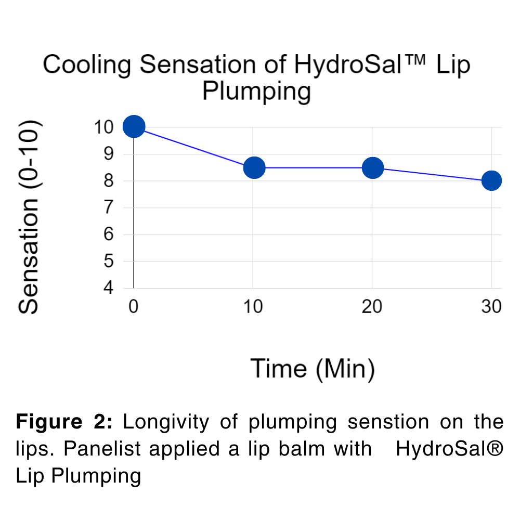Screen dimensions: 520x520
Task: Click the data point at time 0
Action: (134, 126)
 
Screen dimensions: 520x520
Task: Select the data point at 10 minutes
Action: (254, 167)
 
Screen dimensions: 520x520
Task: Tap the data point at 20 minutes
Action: (373, 167)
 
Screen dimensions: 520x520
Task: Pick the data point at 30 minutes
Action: (491, 181)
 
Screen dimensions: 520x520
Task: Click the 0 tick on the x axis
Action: (134, 307)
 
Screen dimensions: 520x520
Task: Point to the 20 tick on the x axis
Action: (372, 307)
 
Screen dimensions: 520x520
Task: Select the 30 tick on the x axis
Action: (491, 307)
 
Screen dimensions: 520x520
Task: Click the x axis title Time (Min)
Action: (313, 369)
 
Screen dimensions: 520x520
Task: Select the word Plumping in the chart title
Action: (256, 92)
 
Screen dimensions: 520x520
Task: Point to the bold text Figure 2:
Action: (64, 422)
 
